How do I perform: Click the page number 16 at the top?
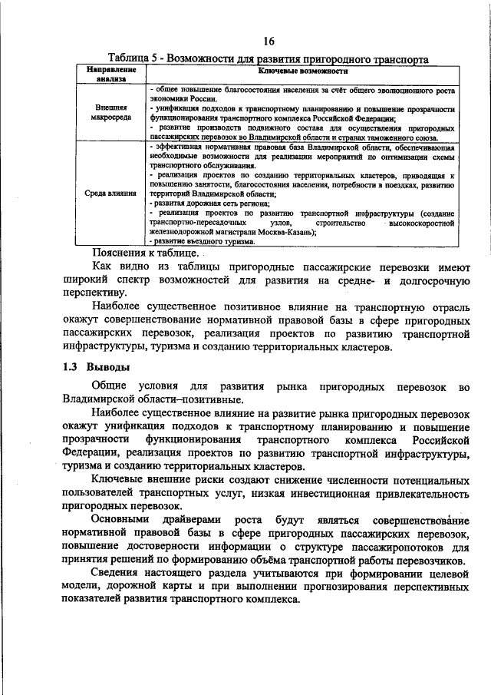tap(268, 41)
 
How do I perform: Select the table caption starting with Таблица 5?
tap(268, 58)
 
